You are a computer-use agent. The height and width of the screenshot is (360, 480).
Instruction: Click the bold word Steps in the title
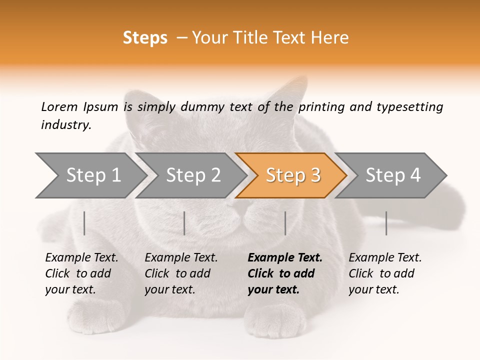(x=145, y=38)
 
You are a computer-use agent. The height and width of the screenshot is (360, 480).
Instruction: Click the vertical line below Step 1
(x=84, y=223)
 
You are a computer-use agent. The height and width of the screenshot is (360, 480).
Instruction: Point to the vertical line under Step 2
(x=184, y=223)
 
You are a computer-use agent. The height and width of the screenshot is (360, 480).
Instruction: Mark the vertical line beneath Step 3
(x=285, y=223)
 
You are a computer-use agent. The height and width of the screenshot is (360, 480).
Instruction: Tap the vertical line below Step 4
(x=386, y=223)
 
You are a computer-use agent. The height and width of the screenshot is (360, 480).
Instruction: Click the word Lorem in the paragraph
(x=59, y=107)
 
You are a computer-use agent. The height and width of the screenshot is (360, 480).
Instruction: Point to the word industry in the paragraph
(x=65, y=125)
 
